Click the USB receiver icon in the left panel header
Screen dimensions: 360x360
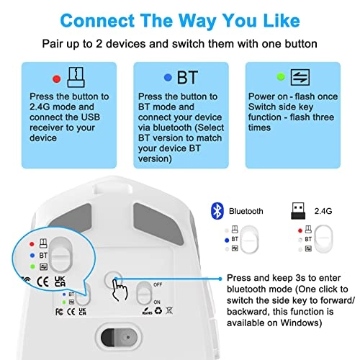pyautogui.click(x=75, y=76)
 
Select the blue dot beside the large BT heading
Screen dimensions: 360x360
pyautogui.click(x=167, y=78)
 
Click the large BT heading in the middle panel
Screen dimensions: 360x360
pyautogui.click(x=189, y=78)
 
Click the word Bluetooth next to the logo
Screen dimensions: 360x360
pyautogui.click(x=247, y=212)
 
